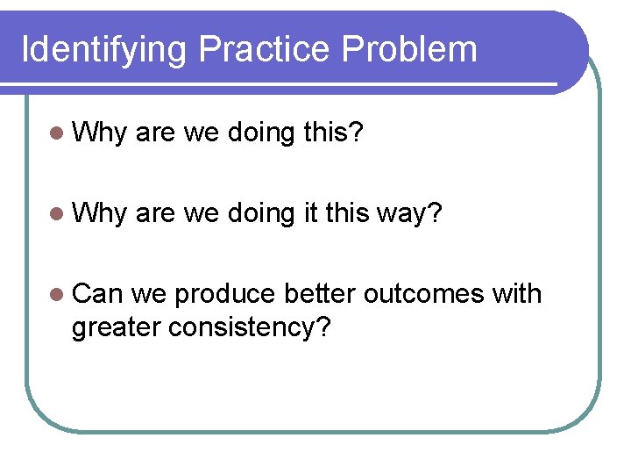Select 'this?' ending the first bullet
337,133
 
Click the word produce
226,296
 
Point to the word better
320,294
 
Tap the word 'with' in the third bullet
517,294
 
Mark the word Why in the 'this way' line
100,213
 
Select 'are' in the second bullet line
156,213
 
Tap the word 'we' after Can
149,294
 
